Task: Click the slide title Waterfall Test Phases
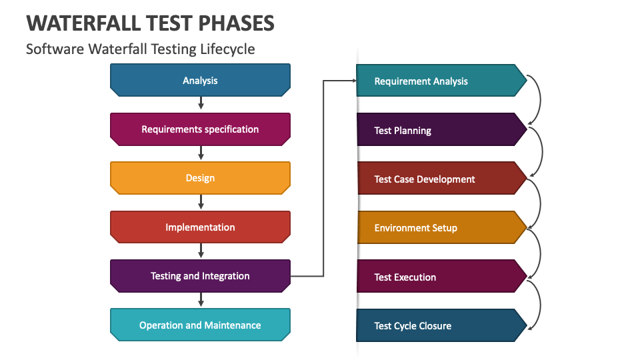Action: click(150, 23)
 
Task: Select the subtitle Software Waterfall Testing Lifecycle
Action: click(140, 49)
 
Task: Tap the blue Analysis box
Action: click(200, 80)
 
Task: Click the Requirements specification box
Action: click(200, 129)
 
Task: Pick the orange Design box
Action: click(200, 178)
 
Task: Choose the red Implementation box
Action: click(200, 227)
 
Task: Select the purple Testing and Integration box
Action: click(200, 276)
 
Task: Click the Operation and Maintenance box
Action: click(200, 325)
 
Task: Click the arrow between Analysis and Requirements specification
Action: click(201, 103)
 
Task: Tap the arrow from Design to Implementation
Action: click(201, 201)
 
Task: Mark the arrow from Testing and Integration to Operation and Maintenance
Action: click(201, 299)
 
